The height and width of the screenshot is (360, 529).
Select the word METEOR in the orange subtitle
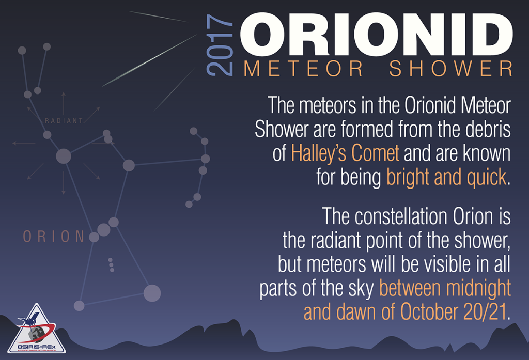point(303,69)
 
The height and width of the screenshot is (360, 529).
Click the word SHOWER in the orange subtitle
point(451,69)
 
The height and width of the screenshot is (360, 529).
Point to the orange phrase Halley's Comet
point(345,153)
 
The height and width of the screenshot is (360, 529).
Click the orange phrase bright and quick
point(446,177)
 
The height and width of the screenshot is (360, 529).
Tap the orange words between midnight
point(445,289)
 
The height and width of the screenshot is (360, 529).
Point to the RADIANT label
point(64,121)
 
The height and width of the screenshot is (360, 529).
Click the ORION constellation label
point(54,237)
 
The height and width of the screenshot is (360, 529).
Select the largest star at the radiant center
point(64,155)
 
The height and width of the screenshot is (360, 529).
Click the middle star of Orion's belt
point(104,230)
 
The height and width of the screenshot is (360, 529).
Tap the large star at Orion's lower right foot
point(152,293)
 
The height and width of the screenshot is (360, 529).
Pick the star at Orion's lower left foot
point(79,305)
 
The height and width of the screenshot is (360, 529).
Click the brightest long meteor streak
point(150,61)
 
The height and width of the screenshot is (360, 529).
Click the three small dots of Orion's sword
point(111,264)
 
